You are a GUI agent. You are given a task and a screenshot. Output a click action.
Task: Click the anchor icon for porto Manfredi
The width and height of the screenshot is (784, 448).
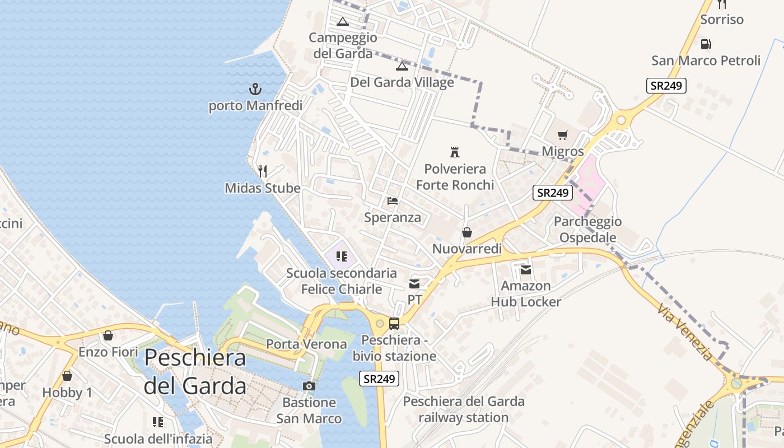[x=255, y=89]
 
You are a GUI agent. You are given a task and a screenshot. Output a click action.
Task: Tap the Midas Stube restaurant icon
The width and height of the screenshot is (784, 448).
[x=262, y=171]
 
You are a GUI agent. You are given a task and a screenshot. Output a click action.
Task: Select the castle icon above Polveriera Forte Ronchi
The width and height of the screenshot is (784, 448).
[x=455, y=152]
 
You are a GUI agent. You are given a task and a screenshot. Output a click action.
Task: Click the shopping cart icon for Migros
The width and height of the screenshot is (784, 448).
[x=563, y=135]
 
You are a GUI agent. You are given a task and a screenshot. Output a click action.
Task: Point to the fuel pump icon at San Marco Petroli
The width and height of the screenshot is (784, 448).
[x=706, y=44]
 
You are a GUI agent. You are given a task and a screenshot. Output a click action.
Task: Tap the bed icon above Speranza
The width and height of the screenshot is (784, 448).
[x=392, y=200]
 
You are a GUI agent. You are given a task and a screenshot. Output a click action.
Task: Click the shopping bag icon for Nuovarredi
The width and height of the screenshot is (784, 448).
[x=466, y=232]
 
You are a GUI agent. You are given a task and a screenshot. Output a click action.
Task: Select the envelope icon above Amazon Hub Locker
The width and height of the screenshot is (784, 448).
[x=526, y=270]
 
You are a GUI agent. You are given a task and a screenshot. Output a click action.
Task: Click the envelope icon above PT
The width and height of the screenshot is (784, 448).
[x=414, y=284]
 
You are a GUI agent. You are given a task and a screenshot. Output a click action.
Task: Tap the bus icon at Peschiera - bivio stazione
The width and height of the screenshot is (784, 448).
[x=394, y=324]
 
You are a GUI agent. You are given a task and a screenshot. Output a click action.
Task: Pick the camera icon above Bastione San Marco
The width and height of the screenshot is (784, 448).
[x=309, y=386]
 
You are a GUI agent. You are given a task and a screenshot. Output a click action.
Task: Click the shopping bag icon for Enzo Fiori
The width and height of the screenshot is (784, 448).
[x=108, y=335]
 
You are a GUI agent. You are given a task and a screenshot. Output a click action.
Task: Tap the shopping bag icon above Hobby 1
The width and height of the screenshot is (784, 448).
[x=67, y=376]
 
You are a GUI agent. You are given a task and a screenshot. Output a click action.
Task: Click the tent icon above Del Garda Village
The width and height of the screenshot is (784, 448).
[x=402, y=66]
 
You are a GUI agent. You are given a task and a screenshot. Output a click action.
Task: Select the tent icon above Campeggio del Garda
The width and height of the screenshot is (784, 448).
[x=343, y=22]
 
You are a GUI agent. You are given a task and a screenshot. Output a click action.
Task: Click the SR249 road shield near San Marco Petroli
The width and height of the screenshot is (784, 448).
[x=666, y=86]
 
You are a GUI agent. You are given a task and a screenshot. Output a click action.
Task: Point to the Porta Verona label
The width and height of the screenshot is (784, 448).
[x=306, y=344]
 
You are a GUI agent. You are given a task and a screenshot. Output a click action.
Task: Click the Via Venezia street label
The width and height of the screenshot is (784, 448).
[x=685, y=333]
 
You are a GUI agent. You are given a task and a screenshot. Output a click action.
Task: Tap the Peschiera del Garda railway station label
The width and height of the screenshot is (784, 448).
[x=464, y=409]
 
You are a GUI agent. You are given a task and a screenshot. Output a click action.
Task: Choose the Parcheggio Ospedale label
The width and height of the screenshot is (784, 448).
[x=587, y=230]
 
